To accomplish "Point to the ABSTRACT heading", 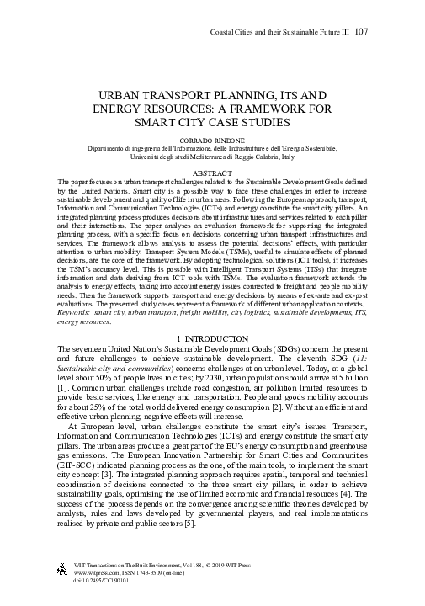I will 212,173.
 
